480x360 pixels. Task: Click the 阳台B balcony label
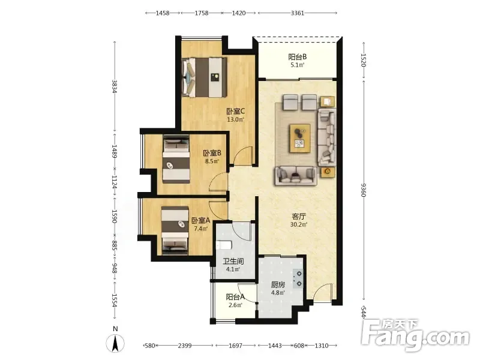click(297, 57)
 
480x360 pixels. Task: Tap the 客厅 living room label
click(298, 217)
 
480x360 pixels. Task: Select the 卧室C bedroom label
click(235, 112)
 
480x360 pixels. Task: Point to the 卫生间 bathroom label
click(233, 262)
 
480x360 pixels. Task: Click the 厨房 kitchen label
click(278, 284)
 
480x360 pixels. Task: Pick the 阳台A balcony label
click(235, 297)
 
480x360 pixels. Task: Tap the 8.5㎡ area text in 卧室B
click(212, 161)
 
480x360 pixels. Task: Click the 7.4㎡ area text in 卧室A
click(201, 229)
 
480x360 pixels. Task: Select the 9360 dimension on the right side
click(364, 190)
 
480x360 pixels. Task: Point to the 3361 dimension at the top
click(297, 13)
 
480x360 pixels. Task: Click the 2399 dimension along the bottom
click(185, 346)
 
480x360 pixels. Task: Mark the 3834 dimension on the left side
click(115, 86)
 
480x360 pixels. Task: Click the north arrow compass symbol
click(115, 343)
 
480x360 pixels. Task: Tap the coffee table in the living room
click(300, 138)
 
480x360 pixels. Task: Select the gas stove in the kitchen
click(298, 279)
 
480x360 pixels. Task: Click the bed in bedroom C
click(204, 77)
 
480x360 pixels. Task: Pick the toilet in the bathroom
click(224, 245)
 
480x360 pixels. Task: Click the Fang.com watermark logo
click(415, 335)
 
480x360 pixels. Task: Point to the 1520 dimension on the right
click(364, 60)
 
